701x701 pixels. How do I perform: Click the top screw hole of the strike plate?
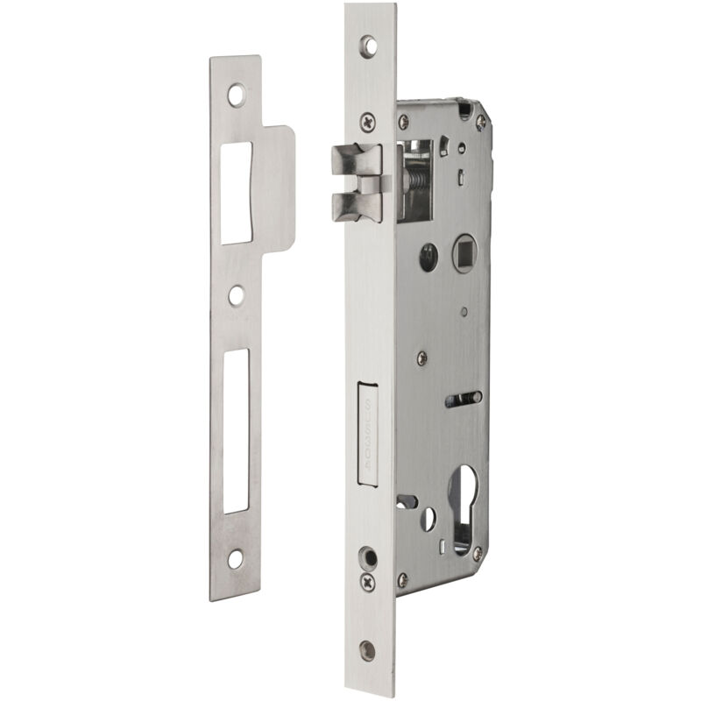pyautogui.click(x=237, y=94)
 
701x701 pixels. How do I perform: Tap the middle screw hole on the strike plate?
pyautogui.click(x=236, y=295)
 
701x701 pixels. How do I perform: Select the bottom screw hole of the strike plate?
pyautogui.click(x=236, y=557)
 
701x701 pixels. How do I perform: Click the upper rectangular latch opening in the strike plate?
pyautogui.click(x=235, y=193)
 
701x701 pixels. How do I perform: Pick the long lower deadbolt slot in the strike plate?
pyautogui.click(x=235, y=429)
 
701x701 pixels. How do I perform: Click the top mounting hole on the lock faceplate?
pyautogui.click(x=369, y=45)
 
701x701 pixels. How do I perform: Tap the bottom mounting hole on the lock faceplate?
pyautogui.click(x=368, y=649)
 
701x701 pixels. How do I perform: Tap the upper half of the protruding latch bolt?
pyautogui.click(x=357, y=161)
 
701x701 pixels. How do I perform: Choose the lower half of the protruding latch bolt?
pyautogui.click(x=357, y=205)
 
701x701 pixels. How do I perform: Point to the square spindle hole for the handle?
pyautogui.click(x=464, y=254)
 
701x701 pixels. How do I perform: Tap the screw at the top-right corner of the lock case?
pyautogui.click(x=480, y=123)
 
